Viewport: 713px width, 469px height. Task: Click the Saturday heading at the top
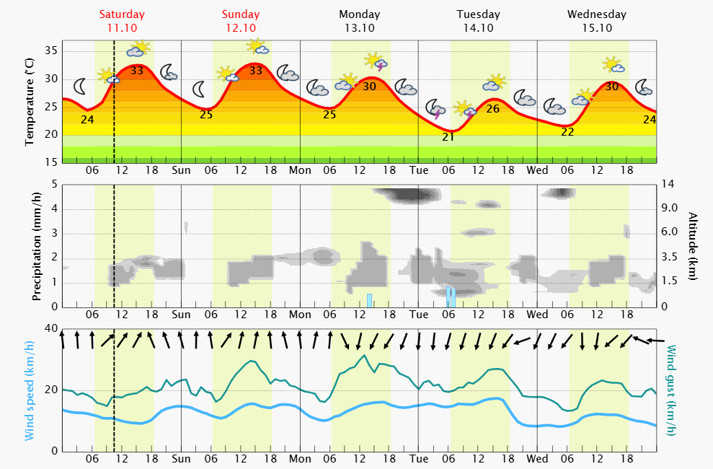coord(122,14)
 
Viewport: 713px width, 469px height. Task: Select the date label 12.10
coord(240,27)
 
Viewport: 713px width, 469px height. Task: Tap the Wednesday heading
coord(596,14)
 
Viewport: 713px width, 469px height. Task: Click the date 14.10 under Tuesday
coord(478,27)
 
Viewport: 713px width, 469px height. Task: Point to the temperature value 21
coord(448,137)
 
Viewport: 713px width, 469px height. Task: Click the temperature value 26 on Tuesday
coord(493,109)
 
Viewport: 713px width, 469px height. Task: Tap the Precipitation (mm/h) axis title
coord(36,245)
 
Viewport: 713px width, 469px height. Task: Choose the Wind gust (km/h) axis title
coord(671,390)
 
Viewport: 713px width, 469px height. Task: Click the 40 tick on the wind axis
coord(51,329)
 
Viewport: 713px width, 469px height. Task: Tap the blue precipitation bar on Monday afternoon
coord(369,299)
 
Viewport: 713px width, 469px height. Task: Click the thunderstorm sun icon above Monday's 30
coord(375,61)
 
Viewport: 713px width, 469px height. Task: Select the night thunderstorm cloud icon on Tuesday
coord(436,109)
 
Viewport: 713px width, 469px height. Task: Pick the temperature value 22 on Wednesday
coord(567,131)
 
